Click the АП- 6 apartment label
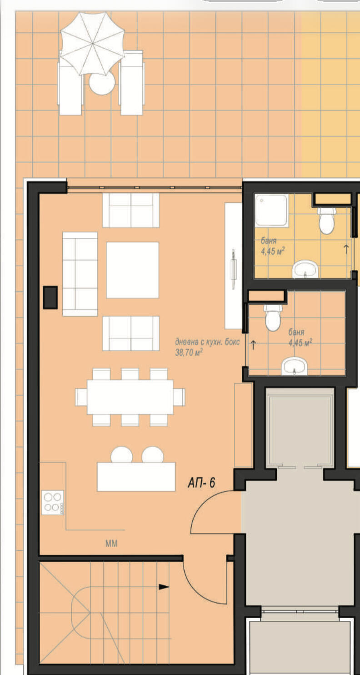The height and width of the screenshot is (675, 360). pos(201,483)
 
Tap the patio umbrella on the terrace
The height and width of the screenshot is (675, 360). pos(92,44)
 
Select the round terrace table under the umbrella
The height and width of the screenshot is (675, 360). pos(102,84)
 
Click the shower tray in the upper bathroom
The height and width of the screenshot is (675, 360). pos(271,210)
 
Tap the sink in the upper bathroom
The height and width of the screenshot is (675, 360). pos(305,269)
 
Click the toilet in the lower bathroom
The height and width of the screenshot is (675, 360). pos(273,317)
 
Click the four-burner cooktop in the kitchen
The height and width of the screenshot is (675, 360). pos(53,503)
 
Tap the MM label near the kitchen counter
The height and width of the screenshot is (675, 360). pos(111,543)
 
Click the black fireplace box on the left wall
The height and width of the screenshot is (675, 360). pos(50,297)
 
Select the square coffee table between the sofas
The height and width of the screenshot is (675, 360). pos(133,270)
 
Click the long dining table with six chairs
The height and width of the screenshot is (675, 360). pos(130,397)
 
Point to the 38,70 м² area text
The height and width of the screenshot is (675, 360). pos(189,352)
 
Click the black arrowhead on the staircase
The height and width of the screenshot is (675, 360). pos(164,587)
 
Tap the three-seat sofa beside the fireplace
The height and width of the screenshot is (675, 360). pos(80,274)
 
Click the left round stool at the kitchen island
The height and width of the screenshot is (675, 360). pos(122,455)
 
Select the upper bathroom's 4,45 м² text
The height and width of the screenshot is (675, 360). pos(273,251)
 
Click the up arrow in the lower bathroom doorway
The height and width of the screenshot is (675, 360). pos(253,345)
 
